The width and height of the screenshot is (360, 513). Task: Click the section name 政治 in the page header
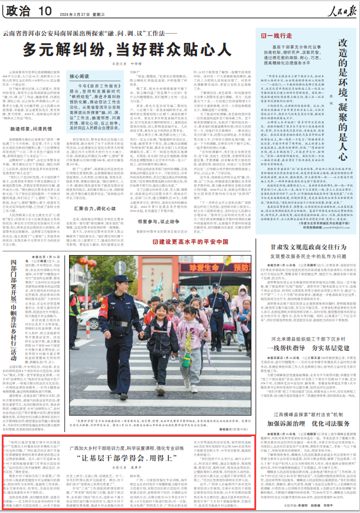[19, 10]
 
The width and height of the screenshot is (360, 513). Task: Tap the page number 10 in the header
[44, 10]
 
